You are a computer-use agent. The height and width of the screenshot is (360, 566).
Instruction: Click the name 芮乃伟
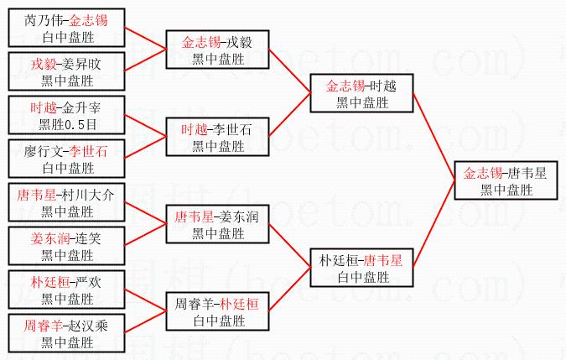coord(44,21)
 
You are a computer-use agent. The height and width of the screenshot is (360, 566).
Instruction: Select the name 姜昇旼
coord(81,65)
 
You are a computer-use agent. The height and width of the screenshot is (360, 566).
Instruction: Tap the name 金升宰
coord(81,108)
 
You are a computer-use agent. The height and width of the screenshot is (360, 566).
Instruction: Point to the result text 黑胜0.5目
coord(68,124)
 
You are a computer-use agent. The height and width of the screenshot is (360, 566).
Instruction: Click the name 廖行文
coord(44,152)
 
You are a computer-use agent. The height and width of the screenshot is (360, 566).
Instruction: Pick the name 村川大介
coord(88,196)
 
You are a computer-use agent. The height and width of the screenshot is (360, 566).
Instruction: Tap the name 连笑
coord(88,238)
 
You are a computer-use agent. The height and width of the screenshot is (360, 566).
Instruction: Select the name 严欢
coord(88,282)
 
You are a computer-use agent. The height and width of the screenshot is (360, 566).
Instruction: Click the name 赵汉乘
coord(88,326)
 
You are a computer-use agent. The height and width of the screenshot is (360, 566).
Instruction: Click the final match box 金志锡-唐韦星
coord(506,180)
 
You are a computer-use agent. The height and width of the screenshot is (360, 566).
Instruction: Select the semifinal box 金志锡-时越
coord(361,93)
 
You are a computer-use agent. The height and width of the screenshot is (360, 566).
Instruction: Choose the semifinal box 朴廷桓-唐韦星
coord(361,268)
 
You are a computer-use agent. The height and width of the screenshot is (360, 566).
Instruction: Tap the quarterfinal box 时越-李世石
coord(217,137)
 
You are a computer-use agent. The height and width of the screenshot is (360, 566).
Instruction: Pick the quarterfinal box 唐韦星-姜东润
coord(217,224)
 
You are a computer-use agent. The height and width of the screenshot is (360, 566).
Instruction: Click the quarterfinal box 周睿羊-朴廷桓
coord(217,311)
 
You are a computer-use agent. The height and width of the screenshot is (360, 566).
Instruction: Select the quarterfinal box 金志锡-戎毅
coord(217,50)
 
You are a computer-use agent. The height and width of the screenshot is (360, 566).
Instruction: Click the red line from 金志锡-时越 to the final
coord(434,137)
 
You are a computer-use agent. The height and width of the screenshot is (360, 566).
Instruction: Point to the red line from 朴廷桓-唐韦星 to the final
coord(434,224)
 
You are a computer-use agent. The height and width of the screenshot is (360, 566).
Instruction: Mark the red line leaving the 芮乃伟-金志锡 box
coord(145,39)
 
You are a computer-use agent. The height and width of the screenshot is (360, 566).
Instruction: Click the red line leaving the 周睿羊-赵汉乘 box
coord(145,322)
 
